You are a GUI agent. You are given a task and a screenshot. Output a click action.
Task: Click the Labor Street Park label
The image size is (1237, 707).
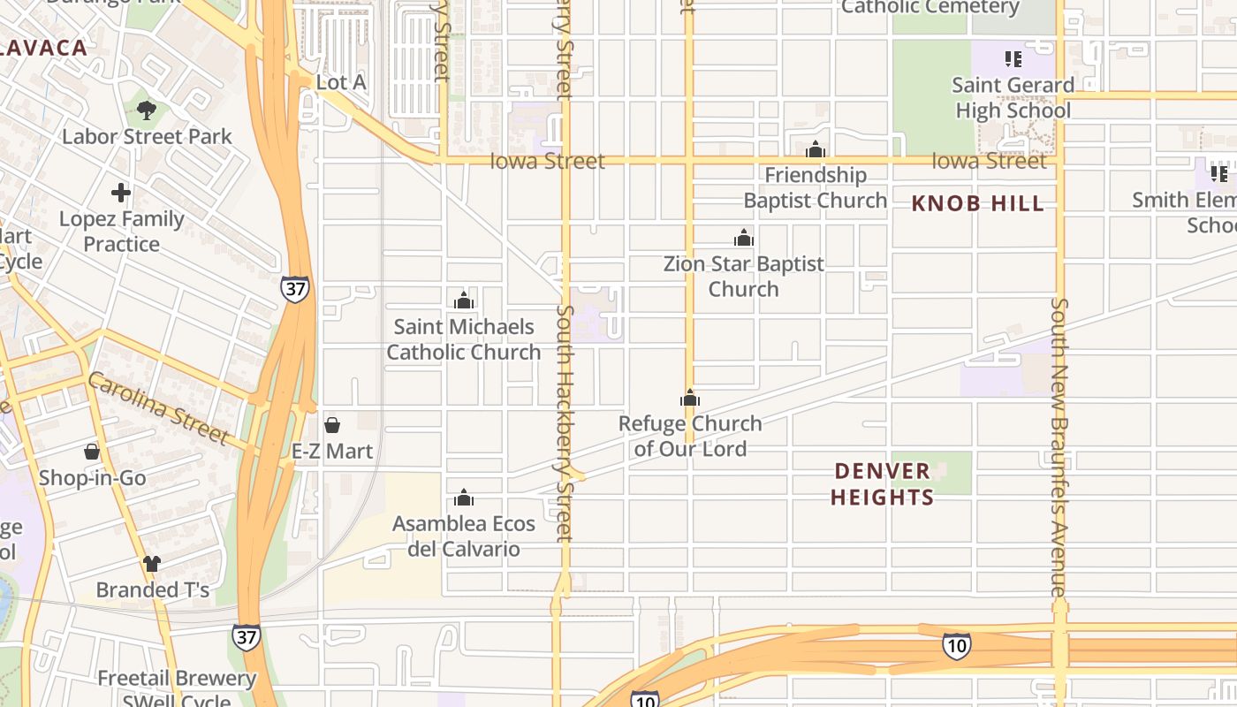[147, 136]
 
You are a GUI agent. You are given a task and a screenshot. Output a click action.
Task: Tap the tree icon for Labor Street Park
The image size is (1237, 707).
[147, 110]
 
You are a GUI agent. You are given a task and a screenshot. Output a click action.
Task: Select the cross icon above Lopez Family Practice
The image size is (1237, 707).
[121, 193]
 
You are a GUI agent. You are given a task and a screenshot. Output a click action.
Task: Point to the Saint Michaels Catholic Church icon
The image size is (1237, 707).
[464, 300]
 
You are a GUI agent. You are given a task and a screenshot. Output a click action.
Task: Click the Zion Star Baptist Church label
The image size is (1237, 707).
[744, 276]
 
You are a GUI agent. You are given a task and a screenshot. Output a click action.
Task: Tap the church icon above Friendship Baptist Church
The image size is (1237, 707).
[816, 148]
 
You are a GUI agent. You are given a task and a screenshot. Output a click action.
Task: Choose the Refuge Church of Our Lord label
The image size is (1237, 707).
[690, 436]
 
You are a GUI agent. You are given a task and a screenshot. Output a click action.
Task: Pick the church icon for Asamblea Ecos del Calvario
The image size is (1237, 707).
[464, 498]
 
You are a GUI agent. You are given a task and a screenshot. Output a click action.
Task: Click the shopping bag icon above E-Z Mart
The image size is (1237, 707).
[332, 425]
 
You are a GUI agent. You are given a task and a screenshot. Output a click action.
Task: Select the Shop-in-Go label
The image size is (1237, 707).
[92, 478]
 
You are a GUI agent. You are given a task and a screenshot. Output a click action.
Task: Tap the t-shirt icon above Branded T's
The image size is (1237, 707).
[152, 563]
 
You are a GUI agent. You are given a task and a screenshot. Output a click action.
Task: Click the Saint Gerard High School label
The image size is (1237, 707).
[1013, 97]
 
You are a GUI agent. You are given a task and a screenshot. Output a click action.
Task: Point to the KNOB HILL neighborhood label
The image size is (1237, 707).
[977, 204]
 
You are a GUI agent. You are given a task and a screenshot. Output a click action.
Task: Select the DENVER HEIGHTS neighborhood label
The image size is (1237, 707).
[882, 483]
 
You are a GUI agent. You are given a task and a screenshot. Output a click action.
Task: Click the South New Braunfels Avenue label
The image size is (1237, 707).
[1059, 446]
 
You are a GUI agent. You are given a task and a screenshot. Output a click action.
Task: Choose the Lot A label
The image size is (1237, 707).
[341, 82]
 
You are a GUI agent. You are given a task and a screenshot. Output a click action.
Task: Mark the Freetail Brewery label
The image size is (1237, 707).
[177, 679]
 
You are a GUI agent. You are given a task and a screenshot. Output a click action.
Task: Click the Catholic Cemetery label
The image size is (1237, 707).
[930, 7]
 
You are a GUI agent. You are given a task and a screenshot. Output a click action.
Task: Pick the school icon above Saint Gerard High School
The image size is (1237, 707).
[1013, 59]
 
